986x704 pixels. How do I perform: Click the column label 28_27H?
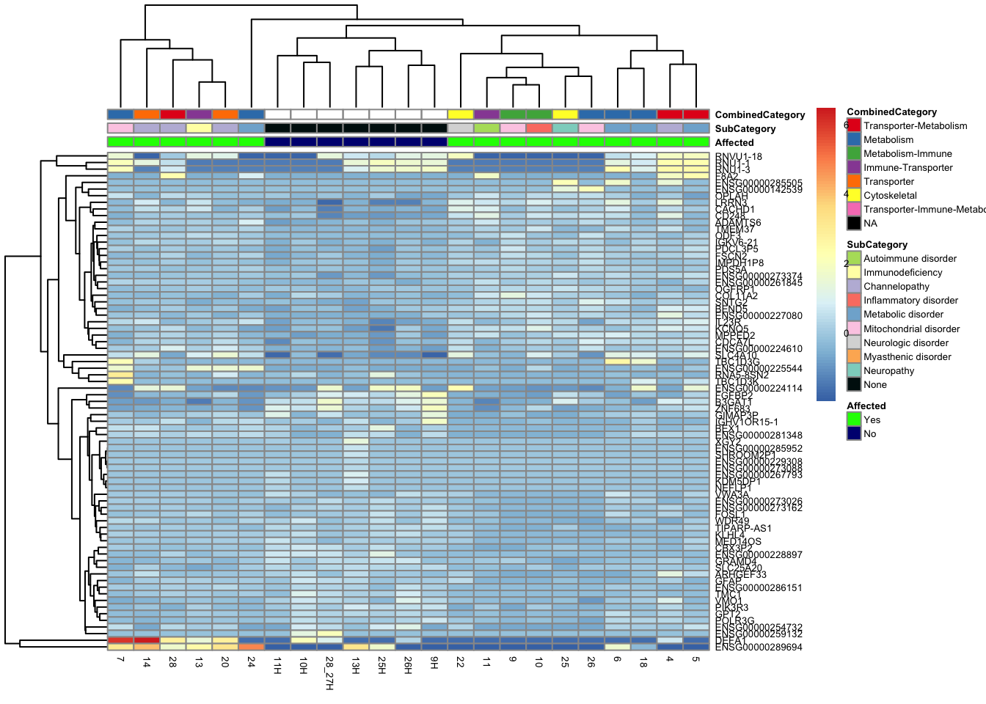(x=329, y=673)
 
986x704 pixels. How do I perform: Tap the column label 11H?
(x=277, y=666)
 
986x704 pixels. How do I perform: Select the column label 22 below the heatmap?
(x=460, y=661)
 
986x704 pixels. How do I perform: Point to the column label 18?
(x=643, y=661)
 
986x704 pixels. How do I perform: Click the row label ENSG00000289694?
(x=759, y=648)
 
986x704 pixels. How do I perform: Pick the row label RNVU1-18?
(x=739, y=156)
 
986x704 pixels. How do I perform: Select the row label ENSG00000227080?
(x=759, y=316)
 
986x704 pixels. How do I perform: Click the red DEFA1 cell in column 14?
(x=147, y=640)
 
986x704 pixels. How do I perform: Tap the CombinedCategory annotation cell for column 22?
(x=460, y=114)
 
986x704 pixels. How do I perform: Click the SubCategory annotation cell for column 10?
(x=538, y=128)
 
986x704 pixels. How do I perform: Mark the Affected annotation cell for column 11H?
(x=277, y=142)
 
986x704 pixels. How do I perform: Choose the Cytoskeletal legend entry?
(x=890, y=196)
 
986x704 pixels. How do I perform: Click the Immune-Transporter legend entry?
(x=908, y=168)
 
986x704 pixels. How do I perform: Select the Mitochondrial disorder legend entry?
(x=911, y=329)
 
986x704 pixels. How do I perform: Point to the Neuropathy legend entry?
(x=888, y=370)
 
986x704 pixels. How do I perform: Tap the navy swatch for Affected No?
(x=853, y=433)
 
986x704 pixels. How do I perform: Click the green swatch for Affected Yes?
(x=853, y=419)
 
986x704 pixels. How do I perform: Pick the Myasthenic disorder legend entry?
(x=907, y=356)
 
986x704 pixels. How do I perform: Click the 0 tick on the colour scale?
(x=846, y=334)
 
